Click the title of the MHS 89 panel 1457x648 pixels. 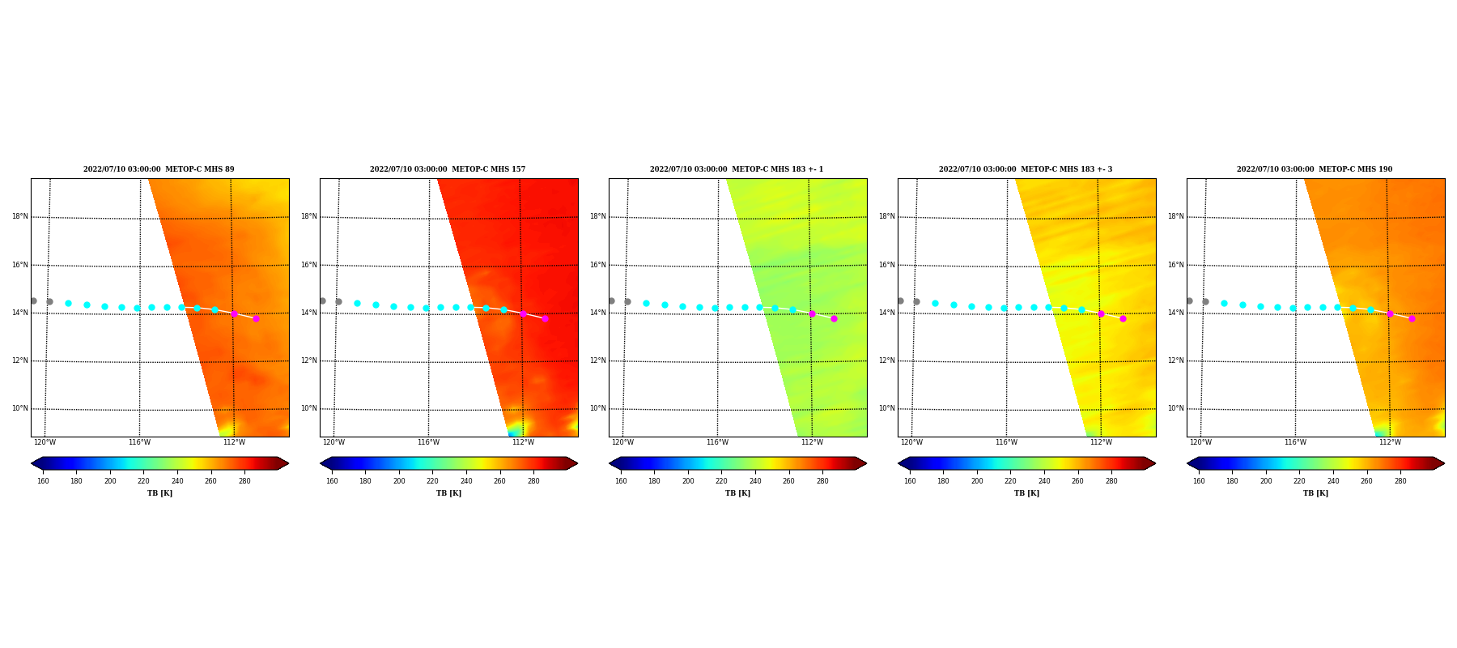(159, 169)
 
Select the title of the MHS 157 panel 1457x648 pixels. (448, 169)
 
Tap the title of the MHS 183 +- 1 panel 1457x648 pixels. (737, 169)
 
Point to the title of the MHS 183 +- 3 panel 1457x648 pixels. (1026, 169)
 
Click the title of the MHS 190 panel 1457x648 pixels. (1315, 169)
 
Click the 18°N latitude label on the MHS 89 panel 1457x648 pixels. (20, 216)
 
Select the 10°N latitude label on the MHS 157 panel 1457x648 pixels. (309, 408)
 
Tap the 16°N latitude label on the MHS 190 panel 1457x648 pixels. (1176, 265)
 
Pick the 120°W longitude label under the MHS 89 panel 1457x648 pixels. (45, 442)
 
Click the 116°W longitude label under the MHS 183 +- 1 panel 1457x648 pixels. (717, 442)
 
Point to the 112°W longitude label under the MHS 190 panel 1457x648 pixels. (1390, 442)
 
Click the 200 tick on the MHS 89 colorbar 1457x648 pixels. (110, 481)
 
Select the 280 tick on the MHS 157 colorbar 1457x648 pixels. (533, 481)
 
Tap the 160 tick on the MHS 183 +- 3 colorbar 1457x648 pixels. (910, 481)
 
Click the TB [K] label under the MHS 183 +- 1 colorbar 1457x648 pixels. (737, 493)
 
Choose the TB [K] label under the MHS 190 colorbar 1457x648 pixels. (1315, 493)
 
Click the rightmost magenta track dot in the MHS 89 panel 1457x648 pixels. (256, 318)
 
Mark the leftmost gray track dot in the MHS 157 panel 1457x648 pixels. (322, 301)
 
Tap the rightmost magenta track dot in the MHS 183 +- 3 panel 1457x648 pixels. (1123, 318)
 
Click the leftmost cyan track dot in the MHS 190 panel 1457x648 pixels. (1224, 303)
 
